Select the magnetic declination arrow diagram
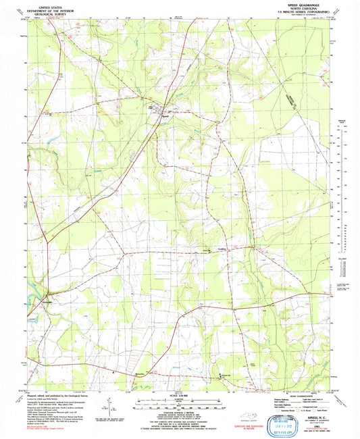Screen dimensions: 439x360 point(108,407)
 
